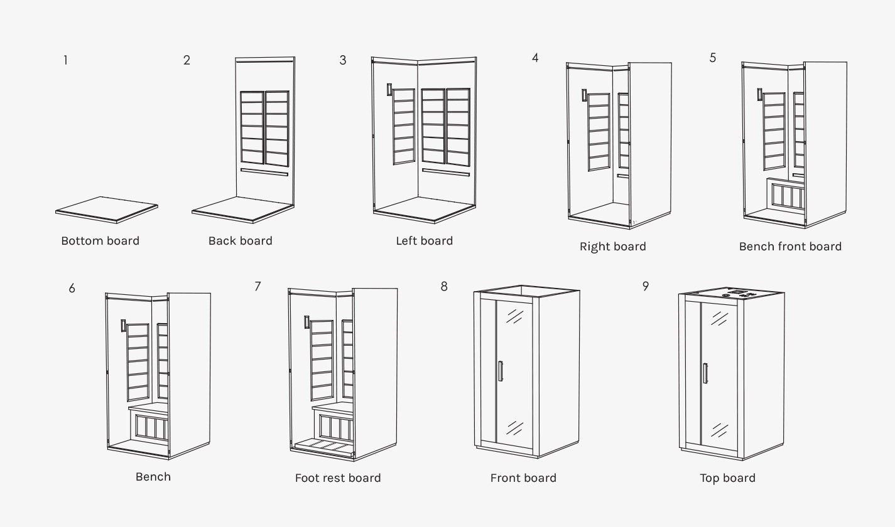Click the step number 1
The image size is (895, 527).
pos(65,61)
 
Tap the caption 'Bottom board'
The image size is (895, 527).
pos(100,241)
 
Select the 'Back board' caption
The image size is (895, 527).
pos(240,241)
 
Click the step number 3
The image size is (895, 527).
pos(342,61)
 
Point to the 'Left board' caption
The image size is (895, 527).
pos(424,241)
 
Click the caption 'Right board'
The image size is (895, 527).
pos(612,247)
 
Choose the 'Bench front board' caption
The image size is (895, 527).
pos(790,247)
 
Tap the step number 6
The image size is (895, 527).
pos(72,289)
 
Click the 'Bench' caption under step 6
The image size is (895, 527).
pos(153,477)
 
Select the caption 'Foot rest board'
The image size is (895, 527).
pos(338,478)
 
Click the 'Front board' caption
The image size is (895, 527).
pos(523,478)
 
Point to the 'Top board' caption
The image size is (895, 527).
pos(727,478)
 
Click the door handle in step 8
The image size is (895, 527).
pos(501,371)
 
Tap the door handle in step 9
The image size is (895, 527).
pos(705,373)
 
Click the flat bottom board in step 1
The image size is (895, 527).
pos(106,208)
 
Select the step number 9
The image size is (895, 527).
pos(645,287)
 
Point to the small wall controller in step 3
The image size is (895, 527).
pos(389,90)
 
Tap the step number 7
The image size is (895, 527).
pos(258,287)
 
